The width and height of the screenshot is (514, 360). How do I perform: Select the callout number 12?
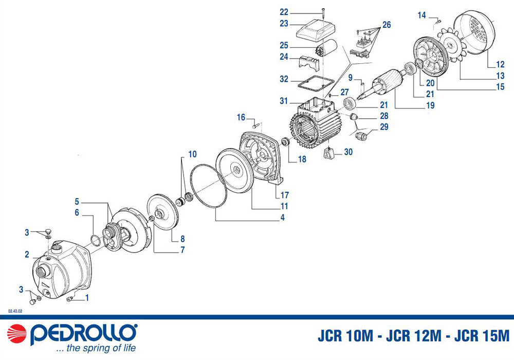click(500, 65)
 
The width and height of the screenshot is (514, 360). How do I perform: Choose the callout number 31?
click(284, 101)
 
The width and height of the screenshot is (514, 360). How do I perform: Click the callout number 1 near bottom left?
click(87, 297)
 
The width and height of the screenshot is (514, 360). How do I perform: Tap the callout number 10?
click(192, 154)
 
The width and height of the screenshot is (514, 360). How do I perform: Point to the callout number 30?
click(348, 152)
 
